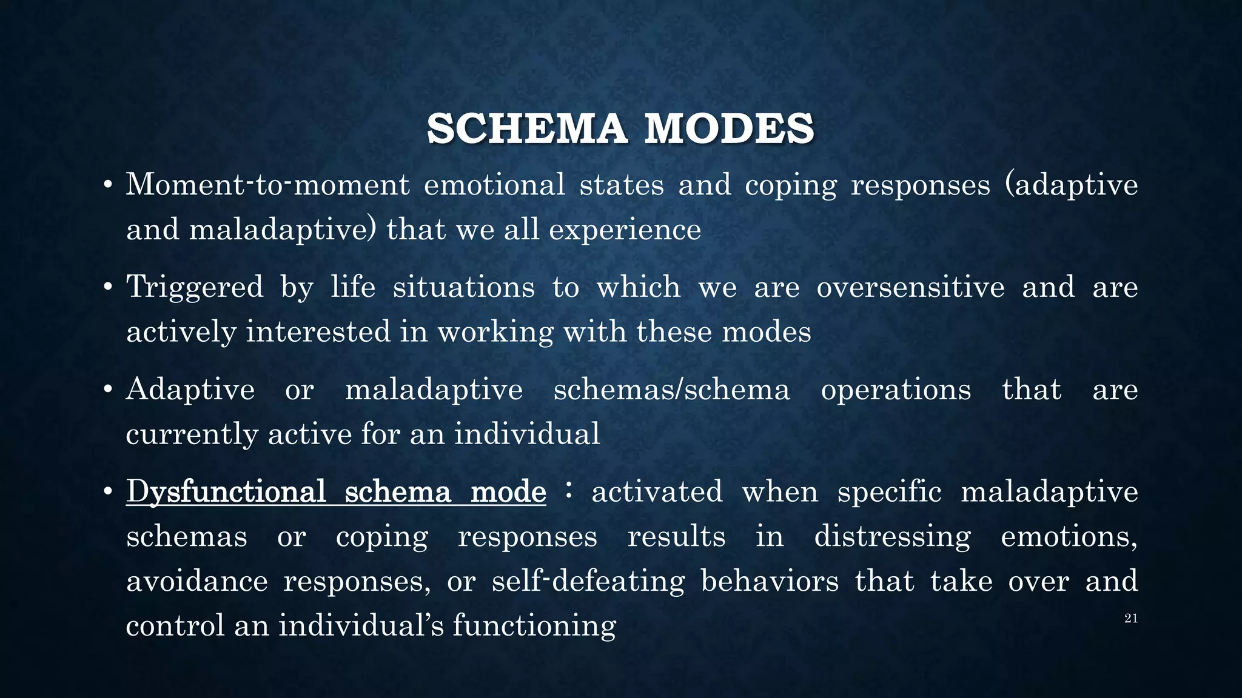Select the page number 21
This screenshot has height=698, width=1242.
click(1130, 619)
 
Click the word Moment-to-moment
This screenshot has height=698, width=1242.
click(267, 184)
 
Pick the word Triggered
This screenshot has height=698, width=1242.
click(195, 287)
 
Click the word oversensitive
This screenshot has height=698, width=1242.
click(910, 287)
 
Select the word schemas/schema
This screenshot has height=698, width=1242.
click(671, 389)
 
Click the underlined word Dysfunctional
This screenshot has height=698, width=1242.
click(226, 491)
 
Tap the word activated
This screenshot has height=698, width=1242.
click(657, 491)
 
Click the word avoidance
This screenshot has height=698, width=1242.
click(196, 581)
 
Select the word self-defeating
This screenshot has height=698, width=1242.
click(588, 581)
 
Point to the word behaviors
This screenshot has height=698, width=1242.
click(770, 581)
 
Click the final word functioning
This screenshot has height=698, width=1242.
click(534, 626)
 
